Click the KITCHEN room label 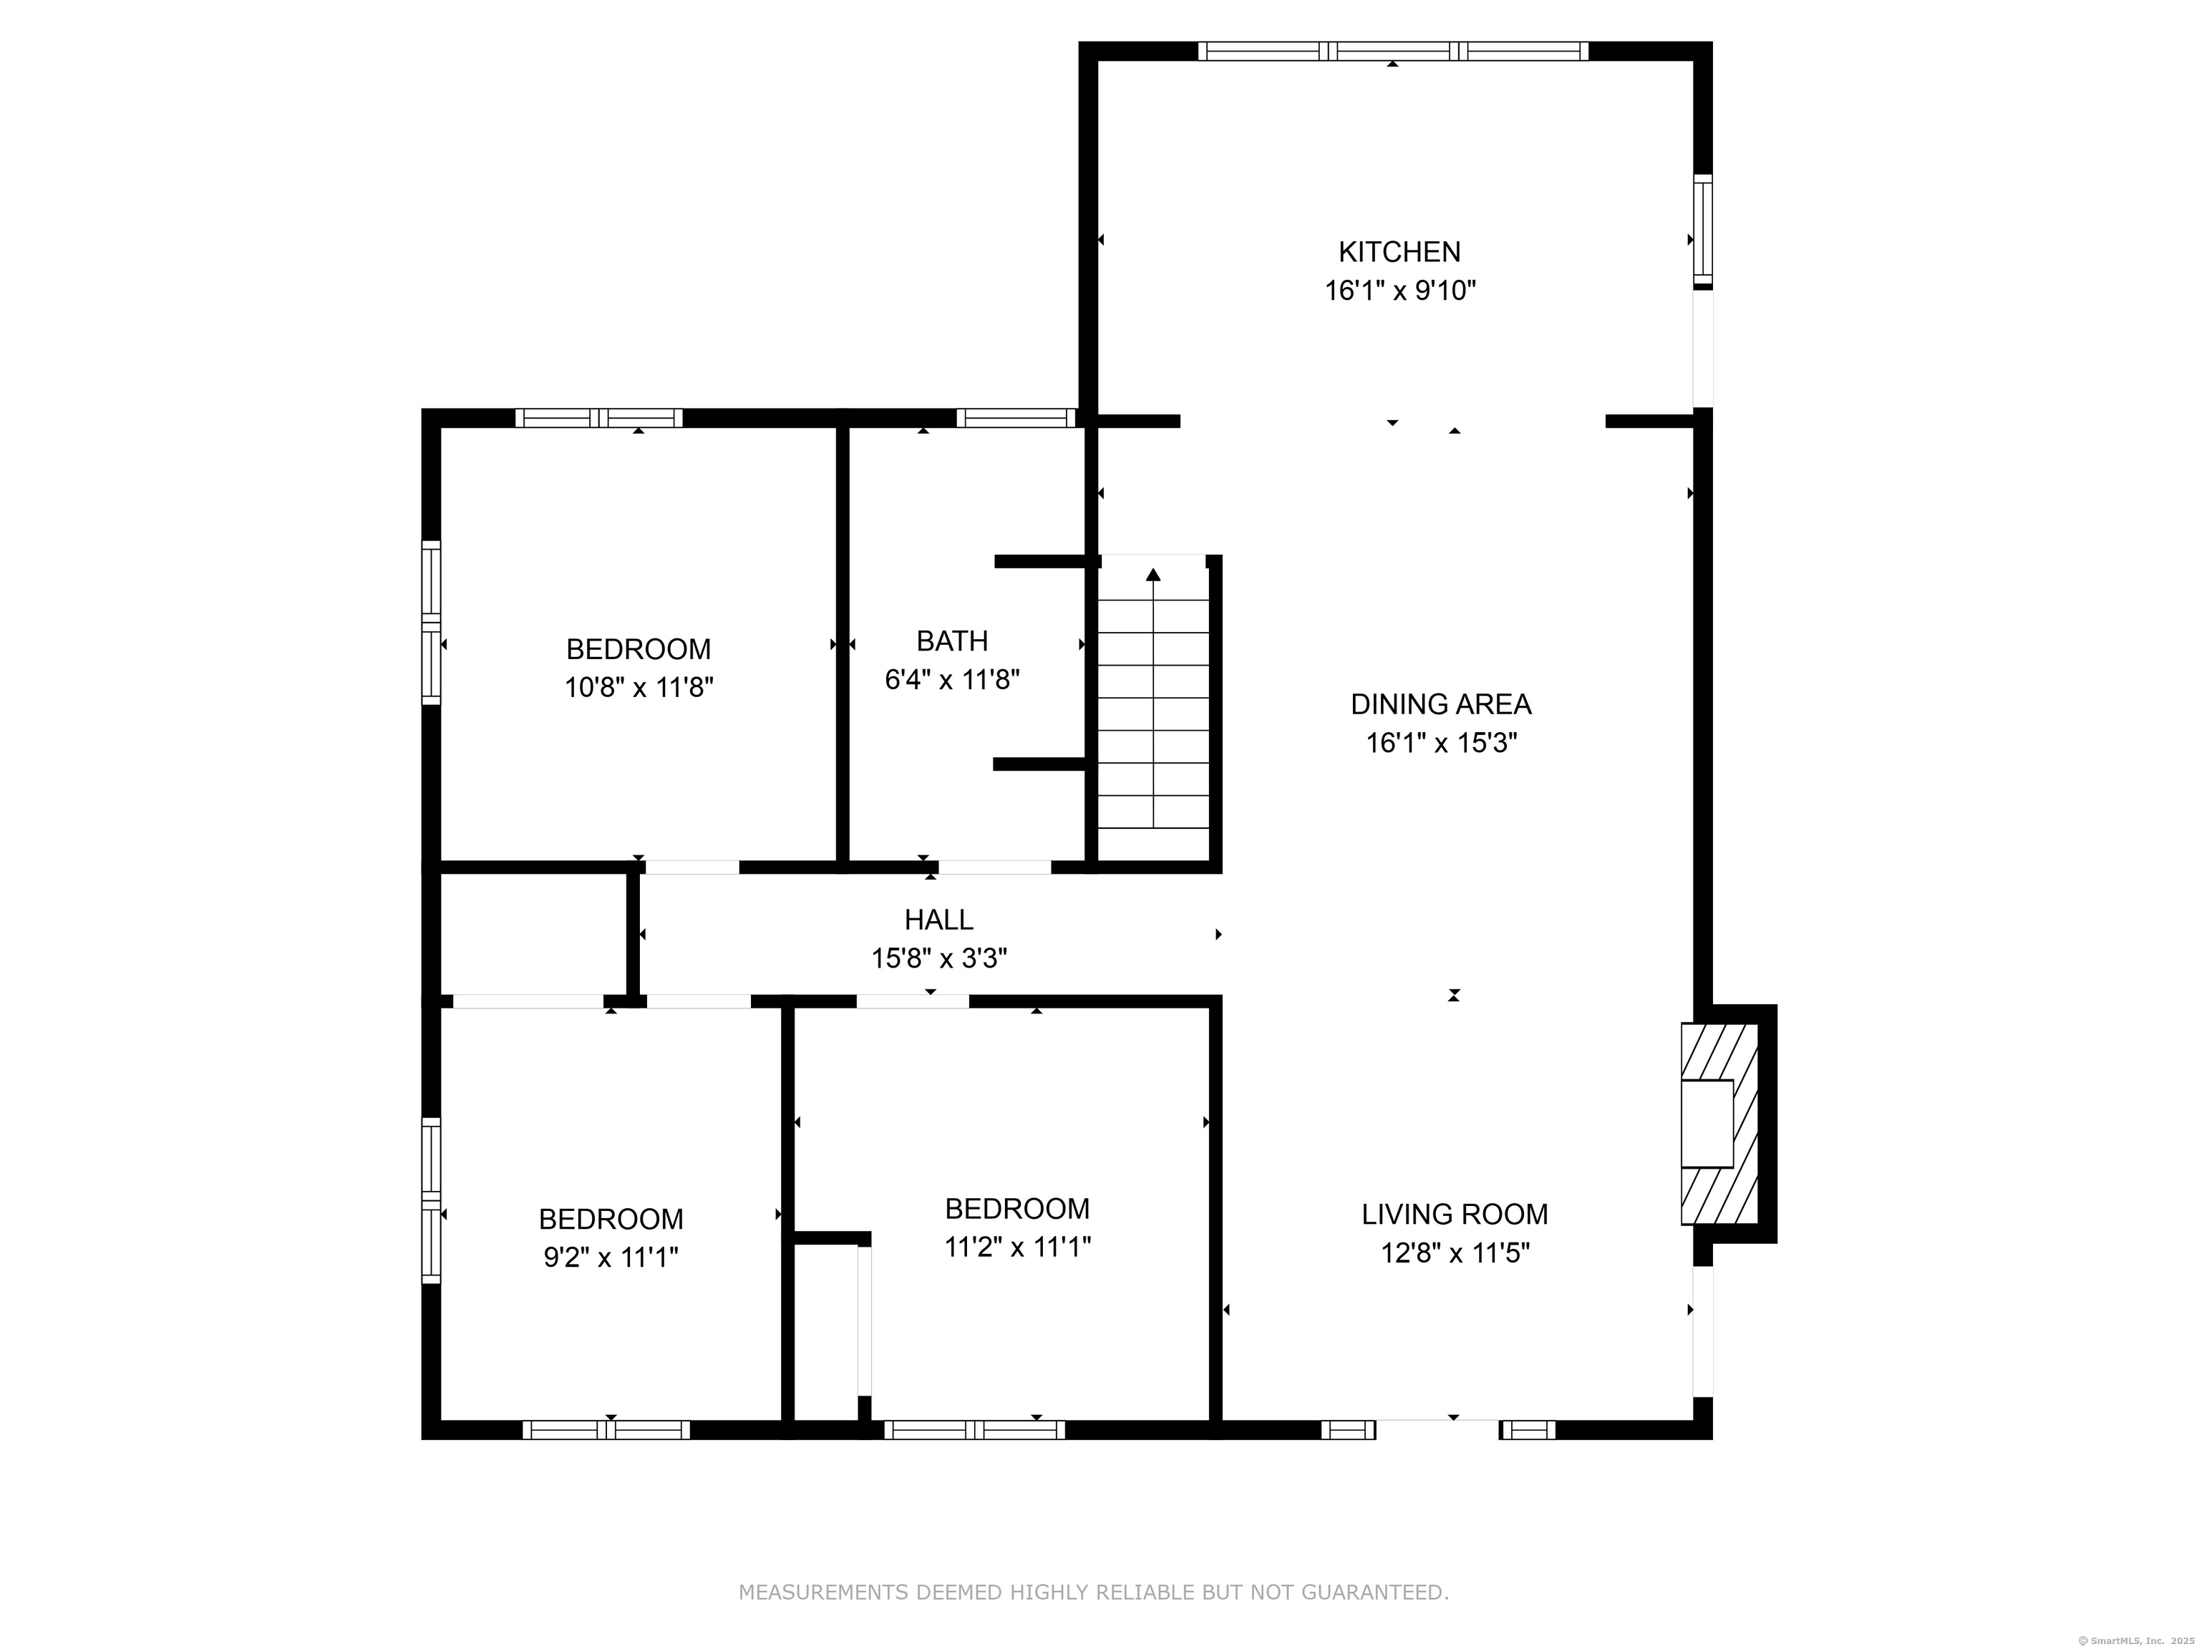click(x=1399, y=251)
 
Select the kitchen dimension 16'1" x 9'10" click(x=1399, y=291)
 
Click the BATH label click(x=951, y=641)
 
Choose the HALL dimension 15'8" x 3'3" click(x=938, y=958)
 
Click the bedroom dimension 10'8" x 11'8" click(x=639, y=687)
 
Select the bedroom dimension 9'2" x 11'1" click(x=611, y=1258)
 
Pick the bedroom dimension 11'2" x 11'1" click(x=1017, y=1247)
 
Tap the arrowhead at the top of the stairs click(x=1153, y=575)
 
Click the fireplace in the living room click(x=1718, y=1123)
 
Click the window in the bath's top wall click(x=1016, y=417)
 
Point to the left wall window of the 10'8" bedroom click(x=430, y=622)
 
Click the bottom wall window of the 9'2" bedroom click(x=606, y=1430)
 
